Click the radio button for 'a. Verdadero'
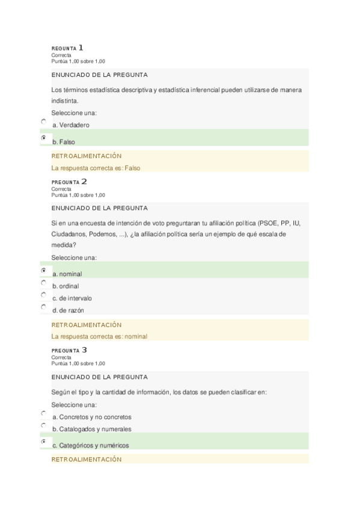44,121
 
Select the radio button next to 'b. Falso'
44,138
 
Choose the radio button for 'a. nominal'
44,270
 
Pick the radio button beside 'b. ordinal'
44,283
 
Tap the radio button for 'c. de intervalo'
44,295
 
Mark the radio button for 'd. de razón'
44,307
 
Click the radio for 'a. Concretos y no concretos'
44,414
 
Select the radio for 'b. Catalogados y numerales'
44,426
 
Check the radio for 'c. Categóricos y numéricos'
44,442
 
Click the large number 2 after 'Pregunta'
84,181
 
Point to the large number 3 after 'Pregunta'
84,349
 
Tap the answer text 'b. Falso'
64,142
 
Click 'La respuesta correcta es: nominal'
99,337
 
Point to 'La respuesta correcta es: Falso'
96,168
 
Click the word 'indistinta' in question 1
64,101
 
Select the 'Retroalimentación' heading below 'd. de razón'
87,325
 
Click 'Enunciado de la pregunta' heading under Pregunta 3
100,377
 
